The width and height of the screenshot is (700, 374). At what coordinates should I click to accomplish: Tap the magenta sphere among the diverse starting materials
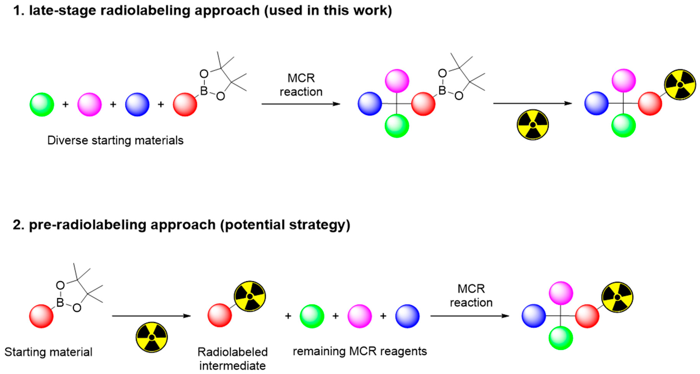[89, 104]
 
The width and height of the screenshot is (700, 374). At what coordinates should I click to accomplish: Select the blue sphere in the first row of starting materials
[137, 104]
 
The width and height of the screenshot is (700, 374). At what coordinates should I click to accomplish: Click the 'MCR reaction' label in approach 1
[301, 85]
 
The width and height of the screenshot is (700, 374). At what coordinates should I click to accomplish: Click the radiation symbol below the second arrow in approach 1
[533, 125]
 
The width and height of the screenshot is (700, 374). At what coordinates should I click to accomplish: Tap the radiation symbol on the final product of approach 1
[680, 85]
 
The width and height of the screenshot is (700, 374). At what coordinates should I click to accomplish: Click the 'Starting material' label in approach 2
[48, 352]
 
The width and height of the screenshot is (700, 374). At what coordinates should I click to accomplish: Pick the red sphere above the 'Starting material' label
[41, 316]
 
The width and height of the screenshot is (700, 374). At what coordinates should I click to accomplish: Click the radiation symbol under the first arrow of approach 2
[152, 337]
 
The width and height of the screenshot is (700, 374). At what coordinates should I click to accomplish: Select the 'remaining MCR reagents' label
[359, 351]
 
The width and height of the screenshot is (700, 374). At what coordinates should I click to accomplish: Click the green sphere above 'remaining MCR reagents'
[312, 316]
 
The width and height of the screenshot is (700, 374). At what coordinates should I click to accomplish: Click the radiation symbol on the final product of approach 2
[617, 297]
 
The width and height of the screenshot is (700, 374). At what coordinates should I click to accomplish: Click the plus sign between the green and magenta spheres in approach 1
[66, 104]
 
